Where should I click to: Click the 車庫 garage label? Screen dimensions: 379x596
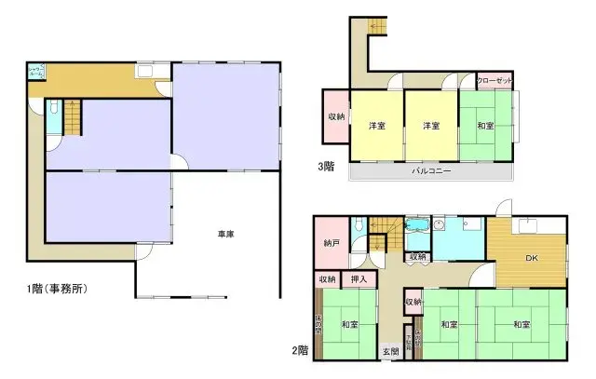click(225, 234)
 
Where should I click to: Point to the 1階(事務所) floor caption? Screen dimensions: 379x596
click(58, 289)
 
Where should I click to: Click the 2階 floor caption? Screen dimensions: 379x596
click(300, 350)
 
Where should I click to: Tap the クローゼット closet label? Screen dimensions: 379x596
click(494, 82)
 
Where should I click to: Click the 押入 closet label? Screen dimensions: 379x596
click(359, 278)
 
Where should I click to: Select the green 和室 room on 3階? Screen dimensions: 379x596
click(486, 127)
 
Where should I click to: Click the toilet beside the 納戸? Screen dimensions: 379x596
click(359, 224)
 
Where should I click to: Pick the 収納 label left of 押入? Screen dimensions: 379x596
click(327, 278)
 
